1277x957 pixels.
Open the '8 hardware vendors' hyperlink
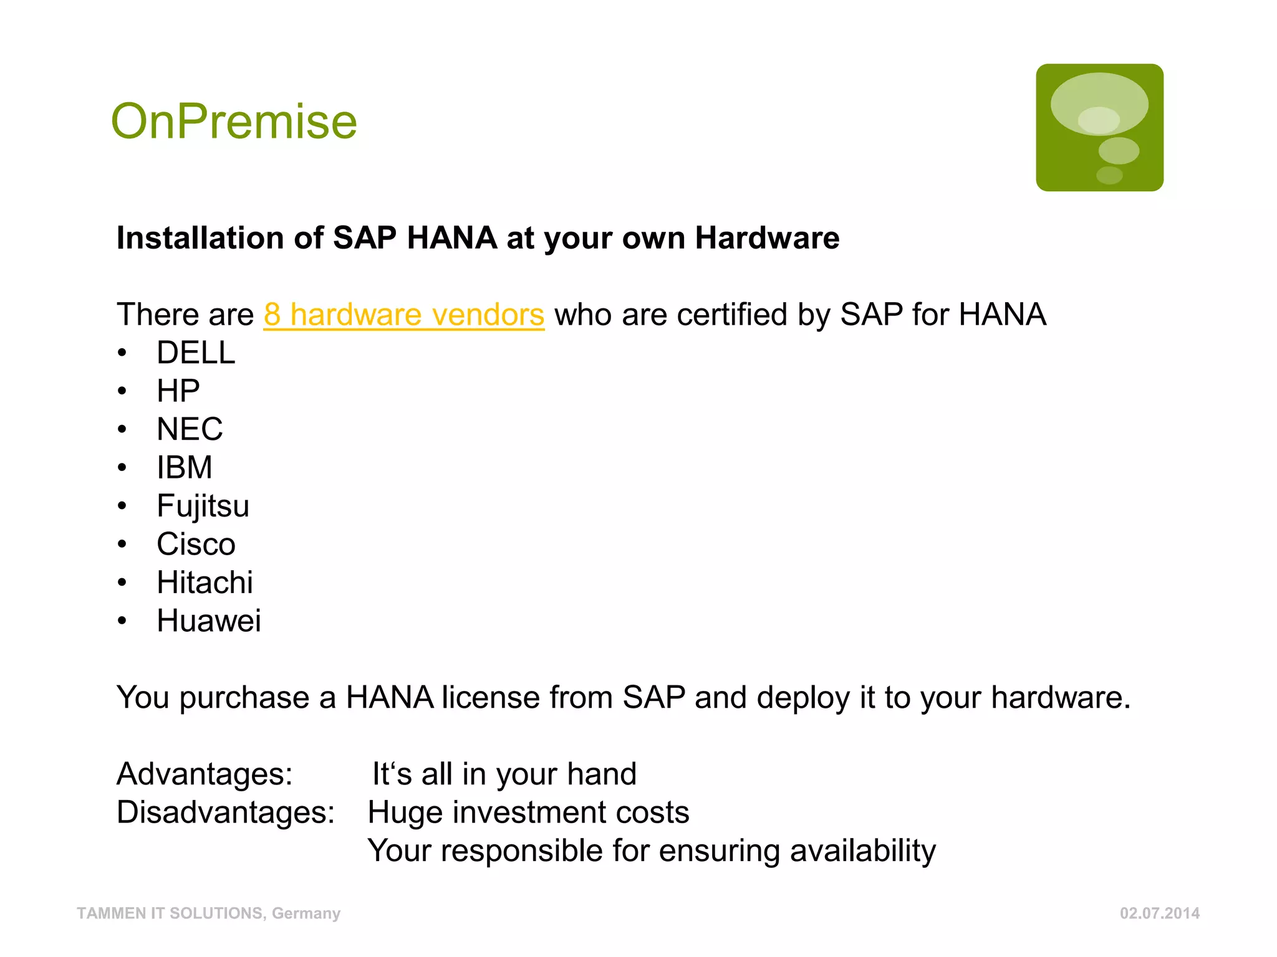403,315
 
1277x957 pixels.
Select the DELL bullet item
196,353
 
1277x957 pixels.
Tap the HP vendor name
178,391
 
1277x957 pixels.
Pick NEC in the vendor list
190,429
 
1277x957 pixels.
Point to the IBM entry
185,468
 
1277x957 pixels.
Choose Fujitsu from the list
203,506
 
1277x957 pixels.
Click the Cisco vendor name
196,545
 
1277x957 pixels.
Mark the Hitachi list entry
205,583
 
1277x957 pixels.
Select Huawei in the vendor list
209,621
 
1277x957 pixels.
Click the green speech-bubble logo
1099,128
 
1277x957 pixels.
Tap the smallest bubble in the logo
1109,175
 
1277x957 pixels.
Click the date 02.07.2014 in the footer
1160,913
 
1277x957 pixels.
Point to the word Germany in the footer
306,913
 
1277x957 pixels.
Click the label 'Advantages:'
205,774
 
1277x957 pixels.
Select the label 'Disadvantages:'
226,812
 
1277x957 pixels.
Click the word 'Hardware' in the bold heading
767,238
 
